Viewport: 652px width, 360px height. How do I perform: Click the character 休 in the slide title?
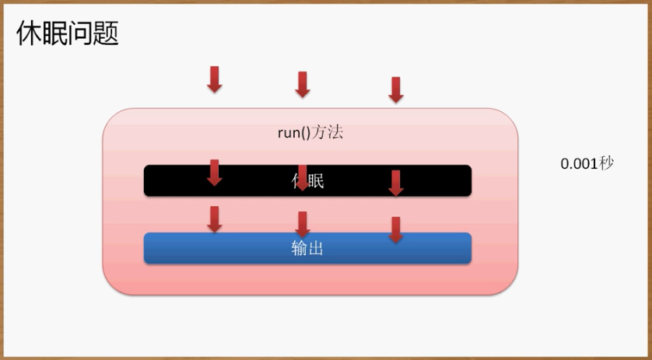(x=29, y=34)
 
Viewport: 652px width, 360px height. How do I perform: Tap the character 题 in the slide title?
(x=106, y=34)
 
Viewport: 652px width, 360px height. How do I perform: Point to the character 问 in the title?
(x=80, y=34)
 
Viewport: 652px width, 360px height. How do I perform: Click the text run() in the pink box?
(x=294, y=133)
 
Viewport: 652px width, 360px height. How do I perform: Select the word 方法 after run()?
(x=328, y=133)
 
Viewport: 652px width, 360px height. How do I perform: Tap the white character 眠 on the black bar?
(x=315, y=181)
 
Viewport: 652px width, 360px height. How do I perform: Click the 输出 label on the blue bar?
(x=307, y=249)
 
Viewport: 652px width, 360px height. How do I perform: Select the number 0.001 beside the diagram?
(x=580, y=164)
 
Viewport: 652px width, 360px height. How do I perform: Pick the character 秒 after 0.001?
(x=608, y=164)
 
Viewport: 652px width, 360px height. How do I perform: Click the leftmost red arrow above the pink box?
(x=215, y=79)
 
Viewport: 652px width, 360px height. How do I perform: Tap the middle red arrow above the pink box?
(x=303, y=85)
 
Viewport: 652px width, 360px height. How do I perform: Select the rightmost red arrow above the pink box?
(x=395, y=89)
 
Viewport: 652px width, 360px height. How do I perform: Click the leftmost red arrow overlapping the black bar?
(x=215, y=173)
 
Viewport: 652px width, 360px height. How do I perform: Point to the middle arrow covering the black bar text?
(x=303, y=178)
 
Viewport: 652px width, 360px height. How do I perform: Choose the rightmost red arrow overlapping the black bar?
(x=395, y=183)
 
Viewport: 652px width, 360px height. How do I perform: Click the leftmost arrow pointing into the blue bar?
(x=215, y=219)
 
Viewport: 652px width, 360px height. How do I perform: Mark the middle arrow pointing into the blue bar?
(x=303, y=225)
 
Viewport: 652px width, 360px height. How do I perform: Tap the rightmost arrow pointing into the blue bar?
(x=395, y=229)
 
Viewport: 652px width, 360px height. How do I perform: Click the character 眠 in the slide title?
(x=54, y=34)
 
